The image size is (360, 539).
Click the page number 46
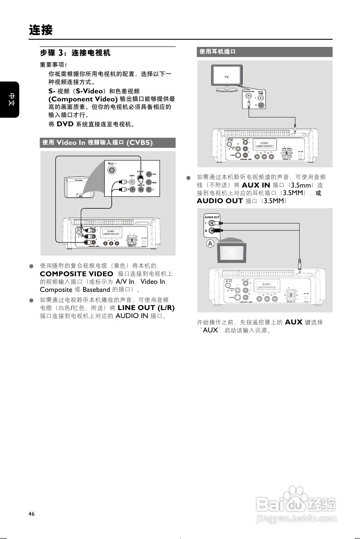32,514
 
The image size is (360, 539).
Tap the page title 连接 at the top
41,30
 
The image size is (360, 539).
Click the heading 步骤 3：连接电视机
75,53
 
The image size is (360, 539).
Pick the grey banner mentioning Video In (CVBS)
108,142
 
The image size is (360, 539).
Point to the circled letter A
210,244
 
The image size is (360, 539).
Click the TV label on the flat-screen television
226,77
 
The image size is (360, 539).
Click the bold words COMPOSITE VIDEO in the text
76,274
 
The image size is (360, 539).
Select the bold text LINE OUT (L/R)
146,308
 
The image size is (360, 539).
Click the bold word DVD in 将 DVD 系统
65,124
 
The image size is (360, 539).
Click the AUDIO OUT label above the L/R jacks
212,217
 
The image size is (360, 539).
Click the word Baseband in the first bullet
96,290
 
